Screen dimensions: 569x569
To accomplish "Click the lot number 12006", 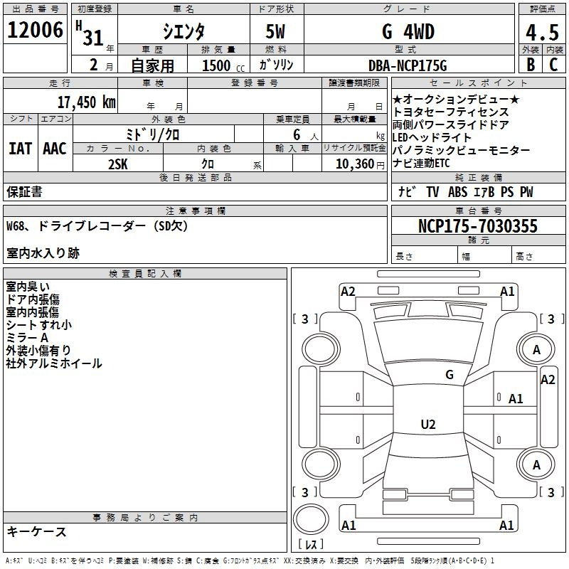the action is (35, 30).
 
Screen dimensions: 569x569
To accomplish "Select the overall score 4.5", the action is (542, 32).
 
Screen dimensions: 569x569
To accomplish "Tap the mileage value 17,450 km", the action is (87, 102).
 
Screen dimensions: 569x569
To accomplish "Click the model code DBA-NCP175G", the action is (408, 65).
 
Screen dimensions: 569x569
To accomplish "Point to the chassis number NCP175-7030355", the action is (477, 225).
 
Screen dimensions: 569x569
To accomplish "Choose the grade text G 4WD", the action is (408, 32).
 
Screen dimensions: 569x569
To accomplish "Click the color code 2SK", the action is (118, 164).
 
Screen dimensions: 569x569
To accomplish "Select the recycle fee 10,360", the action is (355, 164).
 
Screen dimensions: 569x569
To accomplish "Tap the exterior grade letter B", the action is (531, 65).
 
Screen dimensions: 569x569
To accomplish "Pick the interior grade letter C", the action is (553, 65).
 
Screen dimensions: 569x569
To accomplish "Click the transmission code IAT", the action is (21, 149).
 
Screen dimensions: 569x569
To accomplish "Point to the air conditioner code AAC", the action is (55, 149).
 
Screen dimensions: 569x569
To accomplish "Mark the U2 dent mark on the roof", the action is (428, 424).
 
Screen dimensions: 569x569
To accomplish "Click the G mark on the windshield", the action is (450, 374).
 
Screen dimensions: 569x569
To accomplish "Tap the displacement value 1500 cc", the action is (223, 65).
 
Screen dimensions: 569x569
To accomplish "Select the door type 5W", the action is (275, 31).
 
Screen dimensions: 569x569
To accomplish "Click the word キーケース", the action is (36, 531).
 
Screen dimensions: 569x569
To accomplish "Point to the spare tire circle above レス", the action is (311, 519).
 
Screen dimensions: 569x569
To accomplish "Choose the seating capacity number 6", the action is (297, 134).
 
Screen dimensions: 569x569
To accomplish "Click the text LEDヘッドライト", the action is (432, 137).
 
